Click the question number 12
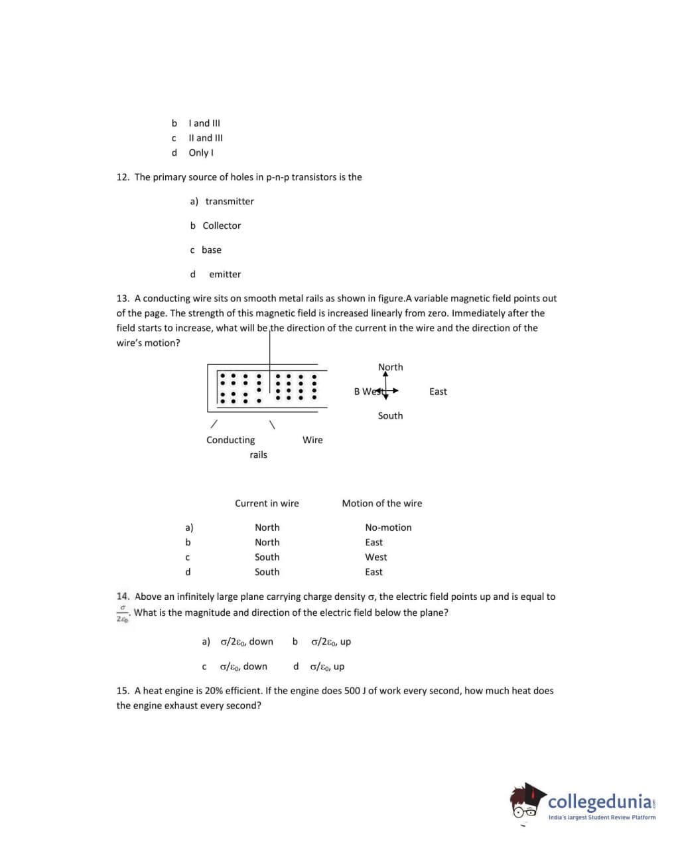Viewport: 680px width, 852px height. pos(123,177)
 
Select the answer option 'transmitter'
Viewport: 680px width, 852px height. pos(230,202)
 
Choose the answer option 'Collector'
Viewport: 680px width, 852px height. pos(222,226)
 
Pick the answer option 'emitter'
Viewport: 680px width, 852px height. pos(225,274)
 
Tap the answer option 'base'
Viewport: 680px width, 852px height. pos(212,250)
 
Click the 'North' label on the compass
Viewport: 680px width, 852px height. pos(390,367)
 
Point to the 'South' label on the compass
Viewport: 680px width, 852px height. pos(390,416)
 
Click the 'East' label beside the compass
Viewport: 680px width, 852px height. pos(438,391)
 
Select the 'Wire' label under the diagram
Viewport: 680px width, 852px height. pos(312,440)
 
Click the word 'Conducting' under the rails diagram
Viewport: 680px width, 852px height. pos(230,440)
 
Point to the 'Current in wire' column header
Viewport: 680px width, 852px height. pos(267,504)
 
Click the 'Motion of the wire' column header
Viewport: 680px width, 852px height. pos(381,504)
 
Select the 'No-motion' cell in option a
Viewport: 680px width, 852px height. pos(388,528)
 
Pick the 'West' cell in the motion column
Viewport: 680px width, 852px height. pos(375,557)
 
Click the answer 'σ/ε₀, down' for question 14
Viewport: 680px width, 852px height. pos(243,666)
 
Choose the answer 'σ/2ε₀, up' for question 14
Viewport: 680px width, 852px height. pos(331,642)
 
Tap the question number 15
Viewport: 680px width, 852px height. pos(123,691)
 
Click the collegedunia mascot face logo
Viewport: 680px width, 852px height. pos(527,802)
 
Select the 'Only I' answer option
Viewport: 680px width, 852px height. pos(201,153)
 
